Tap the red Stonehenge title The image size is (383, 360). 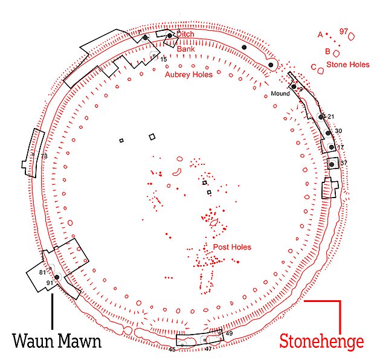321,342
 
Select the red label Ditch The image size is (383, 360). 186,34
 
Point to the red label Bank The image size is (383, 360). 186,49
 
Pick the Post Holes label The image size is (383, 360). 232,247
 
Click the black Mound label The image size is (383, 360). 280,94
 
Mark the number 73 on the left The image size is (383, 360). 43,156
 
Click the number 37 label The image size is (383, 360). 344,163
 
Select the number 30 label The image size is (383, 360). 338,131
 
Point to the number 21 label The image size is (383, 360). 330,117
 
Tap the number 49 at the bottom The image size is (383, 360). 229,333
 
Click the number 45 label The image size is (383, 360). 172,350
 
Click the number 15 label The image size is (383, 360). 163,59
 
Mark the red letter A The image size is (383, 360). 320,34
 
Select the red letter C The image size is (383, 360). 314,66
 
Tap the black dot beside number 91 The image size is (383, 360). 56,277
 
